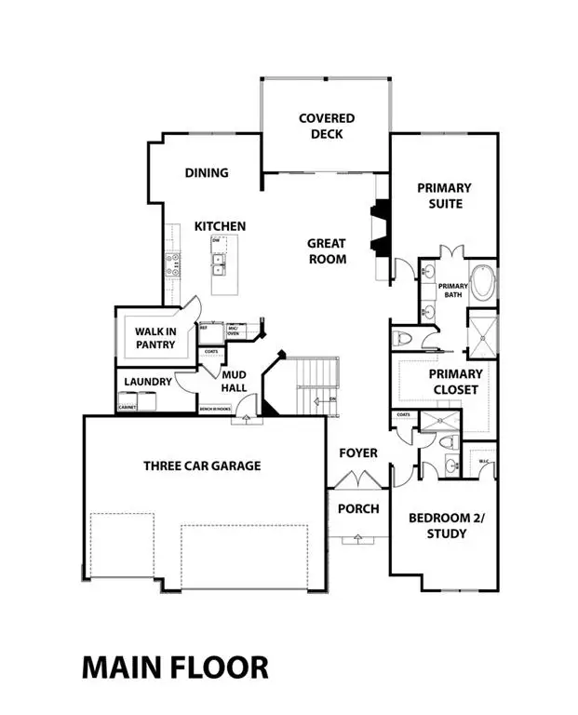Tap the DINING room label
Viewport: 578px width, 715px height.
coord(207,173)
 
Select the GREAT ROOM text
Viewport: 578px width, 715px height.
coord(327,251)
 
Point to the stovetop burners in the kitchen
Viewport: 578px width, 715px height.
coord(172,265)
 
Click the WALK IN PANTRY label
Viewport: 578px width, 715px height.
coord(156,337)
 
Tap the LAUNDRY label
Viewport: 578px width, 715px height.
coord(146,382)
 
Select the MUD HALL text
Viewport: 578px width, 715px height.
coord(233,382)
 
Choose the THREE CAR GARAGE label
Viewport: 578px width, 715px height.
coord(201,465)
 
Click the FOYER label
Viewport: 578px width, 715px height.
coord(358,453)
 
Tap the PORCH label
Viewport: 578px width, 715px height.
coord(358,508)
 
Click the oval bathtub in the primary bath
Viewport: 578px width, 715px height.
coord(482,283)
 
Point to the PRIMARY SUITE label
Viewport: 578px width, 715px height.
coord(443,196)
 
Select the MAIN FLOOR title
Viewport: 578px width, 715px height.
coord(175,667)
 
